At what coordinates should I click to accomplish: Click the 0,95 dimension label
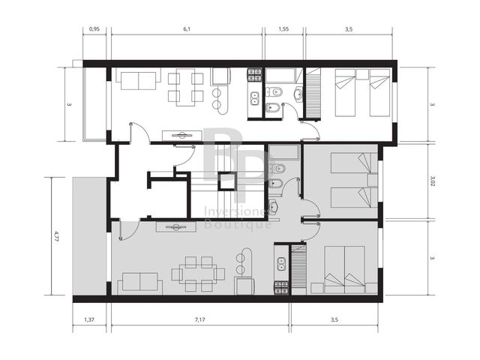(94, 29)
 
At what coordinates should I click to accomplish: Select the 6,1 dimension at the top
(187, 29)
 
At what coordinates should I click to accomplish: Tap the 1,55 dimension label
(283, 29)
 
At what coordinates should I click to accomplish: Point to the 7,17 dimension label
(200, 319)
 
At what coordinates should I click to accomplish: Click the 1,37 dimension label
(89, 319)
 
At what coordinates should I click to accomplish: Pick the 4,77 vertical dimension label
(56, 236)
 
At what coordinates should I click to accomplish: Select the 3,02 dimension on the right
(432, 181)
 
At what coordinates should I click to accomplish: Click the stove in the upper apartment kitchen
(255, 76)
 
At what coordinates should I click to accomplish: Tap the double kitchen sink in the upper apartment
(254, 98)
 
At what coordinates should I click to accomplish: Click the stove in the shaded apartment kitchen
(281, 288)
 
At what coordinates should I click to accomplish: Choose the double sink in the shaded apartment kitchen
(281, 265)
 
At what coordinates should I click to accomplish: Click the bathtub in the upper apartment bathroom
(280, 76)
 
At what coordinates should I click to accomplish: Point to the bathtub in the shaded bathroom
(283, 152)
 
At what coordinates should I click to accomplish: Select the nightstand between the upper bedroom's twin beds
(362, 74)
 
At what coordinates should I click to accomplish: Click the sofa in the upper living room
(139, 79)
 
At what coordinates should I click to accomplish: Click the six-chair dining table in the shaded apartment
(198, 274)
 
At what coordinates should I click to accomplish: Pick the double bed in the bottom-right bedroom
(345, 269)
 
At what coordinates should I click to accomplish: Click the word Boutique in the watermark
(238, 224)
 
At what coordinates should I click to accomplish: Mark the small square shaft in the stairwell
(226, 181)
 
